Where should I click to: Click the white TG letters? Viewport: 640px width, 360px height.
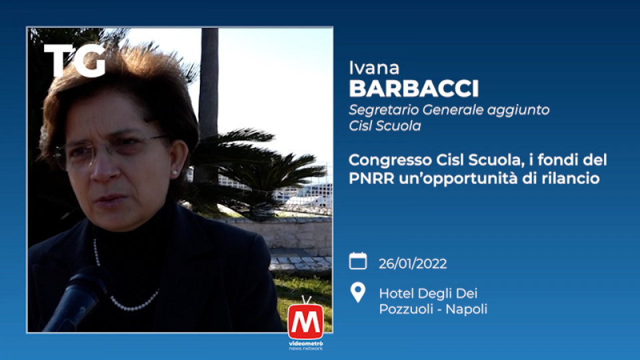pyautogui.click(x=75, y=61)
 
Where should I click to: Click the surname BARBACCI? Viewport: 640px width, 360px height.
pyautogui.click(x=414, y=89)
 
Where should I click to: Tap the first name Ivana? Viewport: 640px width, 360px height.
pyautogui.click(x=374, y=68)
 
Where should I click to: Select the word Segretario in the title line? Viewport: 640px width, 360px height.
pyautogui.click(x=384, y=110)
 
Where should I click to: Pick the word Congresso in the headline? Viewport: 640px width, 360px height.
pyautogui.click(x=390, y=161)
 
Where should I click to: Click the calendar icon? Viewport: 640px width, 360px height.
pyautogui.click(x=358, y=261)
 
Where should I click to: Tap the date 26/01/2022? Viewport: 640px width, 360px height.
pyautogui.click(x=413, y=264)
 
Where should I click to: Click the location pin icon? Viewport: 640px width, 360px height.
pyautogui.click(x=358, y=292)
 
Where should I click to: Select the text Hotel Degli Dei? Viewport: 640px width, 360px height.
pyautogui.click(x=428, y=293)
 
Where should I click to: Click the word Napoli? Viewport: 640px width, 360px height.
pyautogui.click(x=467, y=309)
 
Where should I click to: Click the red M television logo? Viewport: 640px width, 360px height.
pyautogui.click(x=305, y=319)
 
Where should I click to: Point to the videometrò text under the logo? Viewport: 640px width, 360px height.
pyautogui.click(x=306, y=344)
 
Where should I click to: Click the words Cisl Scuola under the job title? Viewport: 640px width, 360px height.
pyautogui.click(x=385, y=126)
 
